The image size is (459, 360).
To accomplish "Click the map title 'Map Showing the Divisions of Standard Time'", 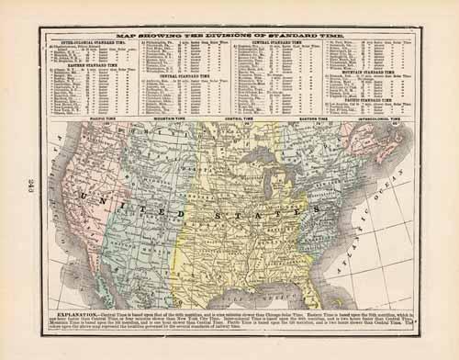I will pyautogui.click(x=229, y=33).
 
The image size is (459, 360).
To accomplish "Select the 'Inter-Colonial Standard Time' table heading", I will pyautogui.click(x=87, y=41).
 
